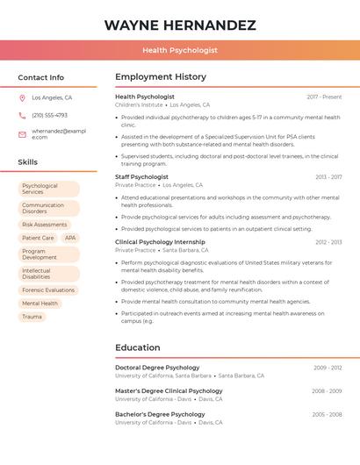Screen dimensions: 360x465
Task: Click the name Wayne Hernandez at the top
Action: pyautogui.click(x=180, y=25)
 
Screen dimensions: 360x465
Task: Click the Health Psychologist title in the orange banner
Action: pyautogui.click(x=180, y=51)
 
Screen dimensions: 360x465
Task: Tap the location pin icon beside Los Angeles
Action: pyautogui.click(x=22, y=98)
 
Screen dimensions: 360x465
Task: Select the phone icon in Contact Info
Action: pyautogui.click(x=22, y=116)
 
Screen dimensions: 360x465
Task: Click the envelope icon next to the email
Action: pyautogui.click(x=22, y=134)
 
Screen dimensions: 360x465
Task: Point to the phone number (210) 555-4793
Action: pyautogui.click(x=49, y=115)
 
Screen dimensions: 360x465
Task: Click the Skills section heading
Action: pyautogui.click(x=28, y=162)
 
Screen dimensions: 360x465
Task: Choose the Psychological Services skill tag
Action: pyautogui.click(x=48, y=189)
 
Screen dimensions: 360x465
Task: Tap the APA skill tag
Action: pyautogui.click(x=70, y=238)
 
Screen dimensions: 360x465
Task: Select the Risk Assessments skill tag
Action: pyautogui.click(x=45, y=225)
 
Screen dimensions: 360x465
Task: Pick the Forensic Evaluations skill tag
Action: pyautogui.click(x=48, y=290)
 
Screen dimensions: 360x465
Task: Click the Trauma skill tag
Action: pyautogui.click(x=32, y=317)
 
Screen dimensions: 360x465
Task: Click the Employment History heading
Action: pyautogui.click(x=161, y=77)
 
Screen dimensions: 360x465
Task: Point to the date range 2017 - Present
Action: pyautogui.click(x=324, y=97)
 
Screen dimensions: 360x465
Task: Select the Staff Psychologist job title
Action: pyautogui.click(x=141, y=176)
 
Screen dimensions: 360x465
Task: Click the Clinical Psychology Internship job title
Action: pyautogui.click(x=160, y=241)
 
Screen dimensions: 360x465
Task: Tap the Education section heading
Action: pyautogui.click(x=138, y=347)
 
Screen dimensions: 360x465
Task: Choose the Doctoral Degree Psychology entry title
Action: pyautogui.click(x=157, y=368)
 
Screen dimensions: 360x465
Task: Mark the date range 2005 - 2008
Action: pyautogui.click(x=326, y=414)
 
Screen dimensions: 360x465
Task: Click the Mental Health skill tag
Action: pyautogui.click(x=40, y=304)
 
